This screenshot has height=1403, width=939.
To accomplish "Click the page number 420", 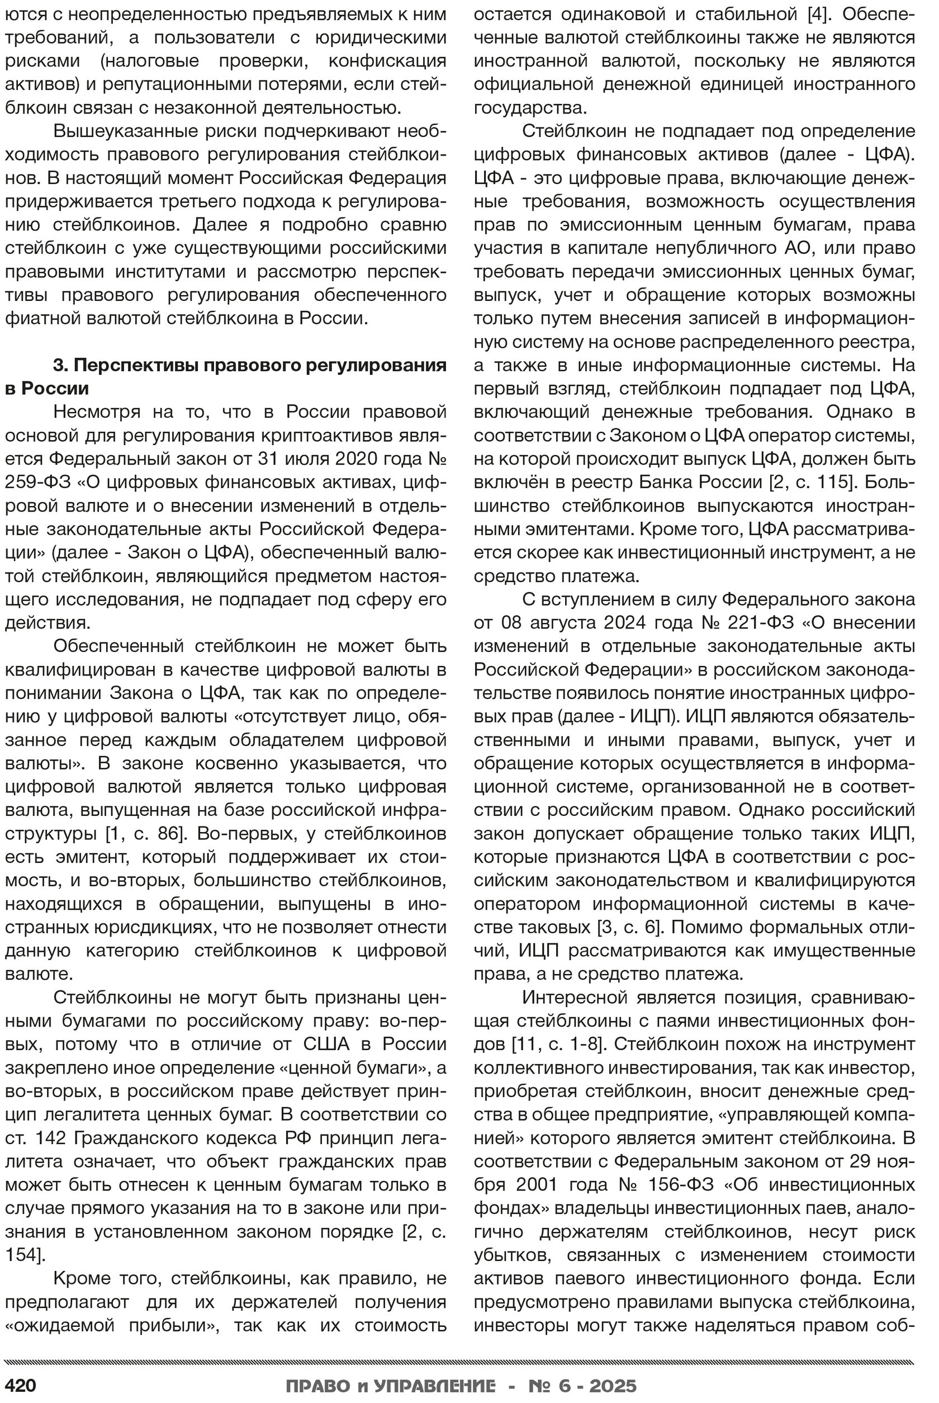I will pos(21,1386).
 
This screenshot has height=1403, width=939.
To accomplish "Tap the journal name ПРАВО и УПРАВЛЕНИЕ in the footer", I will pos(391,1386).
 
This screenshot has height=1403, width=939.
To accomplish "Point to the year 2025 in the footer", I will pos(613,1386).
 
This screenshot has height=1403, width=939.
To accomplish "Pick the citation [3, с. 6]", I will pos(629,927).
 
